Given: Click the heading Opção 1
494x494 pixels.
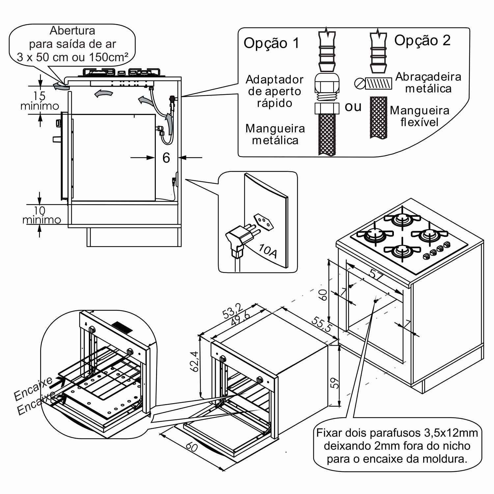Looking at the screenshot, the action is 272,43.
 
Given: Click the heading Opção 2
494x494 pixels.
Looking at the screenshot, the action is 422,41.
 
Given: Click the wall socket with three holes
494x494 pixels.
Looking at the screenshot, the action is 263,222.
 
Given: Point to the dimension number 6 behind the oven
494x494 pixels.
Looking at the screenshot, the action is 166,158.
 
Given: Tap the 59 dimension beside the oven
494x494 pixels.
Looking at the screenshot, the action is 335,383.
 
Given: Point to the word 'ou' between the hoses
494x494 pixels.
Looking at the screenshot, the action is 353,107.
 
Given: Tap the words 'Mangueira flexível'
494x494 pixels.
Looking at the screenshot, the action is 420,116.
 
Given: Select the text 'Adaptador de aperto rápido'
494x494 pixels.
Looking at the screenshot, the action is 274,91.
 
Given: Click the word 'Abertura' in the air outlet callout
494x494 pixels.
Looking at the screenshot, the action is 72,31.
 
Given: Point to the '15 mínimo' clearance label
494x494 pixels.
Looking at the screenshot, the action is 40,101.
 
